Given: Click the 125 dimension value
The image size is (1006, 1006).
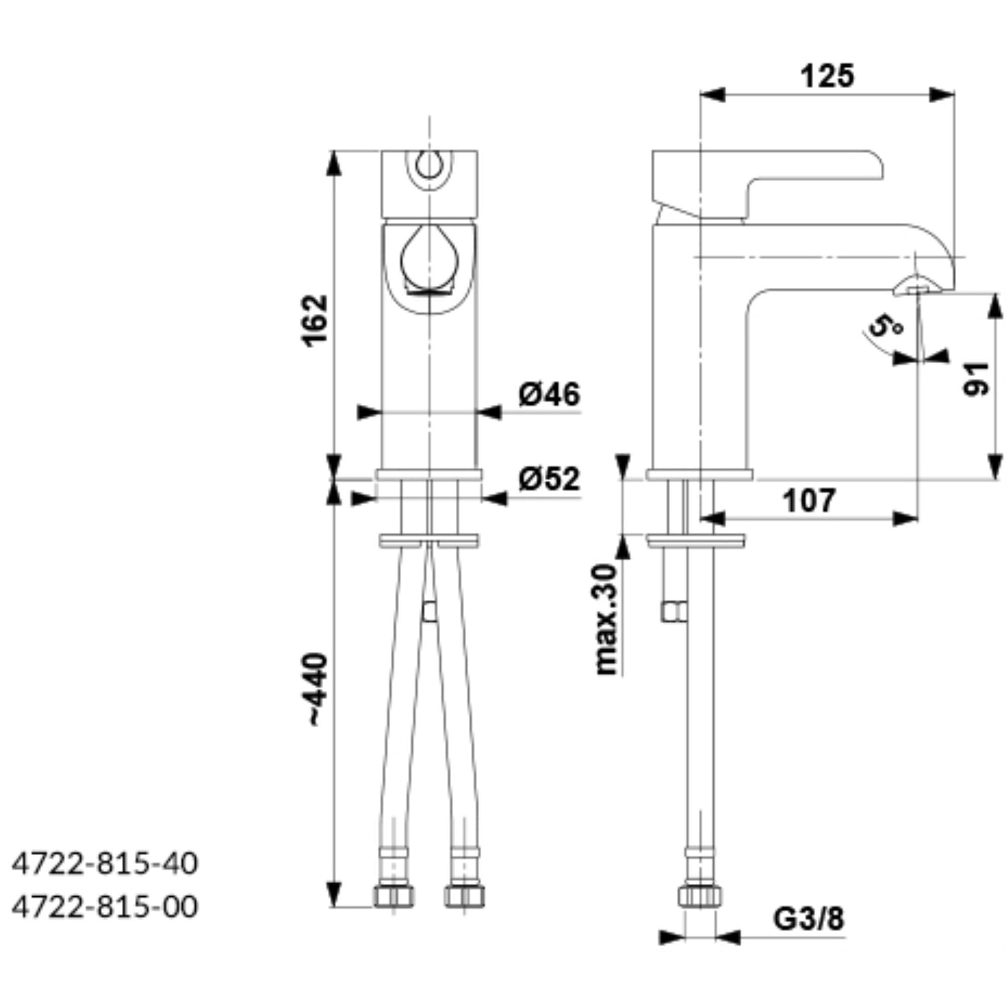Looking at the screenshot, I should [x=827, y=76].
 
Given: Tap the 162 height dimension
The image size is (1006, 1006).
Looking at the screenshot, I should [x=316, y=320].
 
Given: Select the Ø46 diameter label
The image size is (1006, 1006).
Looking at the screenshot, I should [x=549, y=394].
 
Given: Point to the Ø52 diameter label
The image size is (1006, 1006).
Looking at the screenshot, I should [x=549, y=478].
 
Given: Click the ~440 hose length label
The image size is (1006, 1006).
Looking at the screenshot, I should [x=317, y=690].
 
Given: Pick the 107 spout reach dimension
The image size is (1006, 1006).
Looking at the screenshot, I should [x=809, y=500].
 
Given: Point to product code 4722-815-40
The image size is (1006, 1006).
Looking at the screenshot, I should [x=105, y=864].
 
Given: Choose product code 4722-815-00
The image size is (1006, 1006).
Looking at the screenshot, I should [x=105, y=907].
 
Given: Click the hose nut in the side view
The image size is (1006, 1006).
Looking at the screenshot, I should [x=700, y=897].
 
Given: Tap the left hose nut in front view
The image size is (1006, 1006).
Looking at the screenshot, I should [x=394, y=897].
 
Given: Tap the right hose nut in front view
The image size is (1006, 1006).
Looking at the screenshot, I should [x=464, y=897].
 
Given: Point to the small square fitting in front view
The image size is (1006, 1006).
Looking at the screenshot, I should [x=429, y=611].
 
